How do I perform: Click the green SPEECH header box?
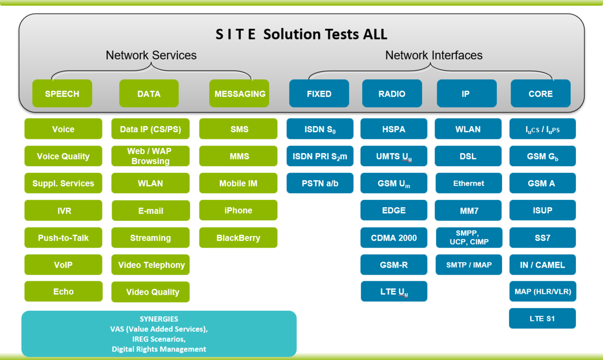point(62,93)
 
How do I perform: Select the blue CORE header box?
point(541,93)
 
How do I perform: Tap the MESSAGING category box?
point(240,93)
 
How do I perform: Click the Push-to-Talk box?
point(63,237)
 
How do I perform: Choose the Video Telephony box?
point(151,265)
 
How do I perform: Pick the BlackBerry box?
point(238,237)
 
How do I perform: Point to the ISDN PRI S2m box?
point(320,156)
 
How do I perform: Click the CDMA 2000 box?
point(394,237)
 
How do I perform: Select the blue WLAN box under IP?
point(468,129)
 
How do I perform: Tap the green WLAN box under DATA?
point(151,183)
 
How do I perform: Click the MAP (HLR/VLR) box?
point(543,291)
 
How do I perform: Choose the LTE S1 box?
point(543,318)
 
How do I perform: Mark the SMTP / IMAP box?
point(468,265)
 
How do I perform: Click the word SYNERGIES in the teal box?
point(159,319)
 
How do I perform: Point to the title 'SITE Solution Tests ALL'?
point(301,34)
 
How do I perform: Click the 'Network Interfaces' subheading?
point(434,55)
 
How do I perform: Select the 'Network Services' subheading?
point(151,55)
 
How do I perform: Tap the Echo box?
point(63,292)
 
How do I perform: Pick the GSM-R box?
point(394,265)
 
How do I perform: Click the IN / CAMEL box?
point(543,265)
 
